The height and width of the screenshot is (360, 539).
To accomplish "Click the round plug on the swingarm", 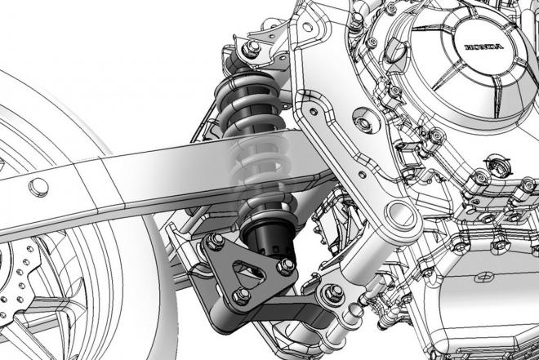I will (38, 187).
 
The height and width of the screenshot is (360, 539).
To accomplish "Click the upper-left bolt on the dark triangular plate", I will (216, 240).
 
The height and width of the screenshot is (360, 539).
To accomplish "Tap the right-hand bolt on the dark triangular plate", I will (285, 266).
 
